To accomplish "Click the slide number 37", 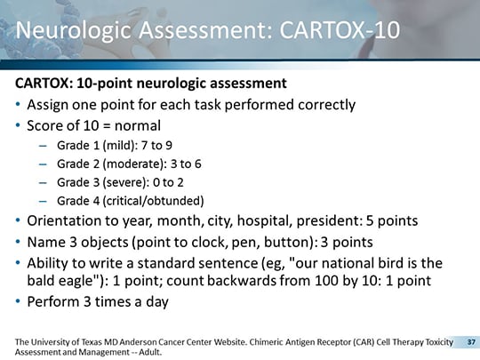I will pos(471,341).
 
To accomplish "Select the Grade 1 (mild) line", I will pos(115,143).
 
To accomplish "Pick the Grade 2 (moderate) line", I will pos(129,163).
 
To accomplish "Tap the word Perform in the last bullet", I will pos(53,301).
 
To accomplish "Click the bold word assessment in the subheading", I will pos(248,84).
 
